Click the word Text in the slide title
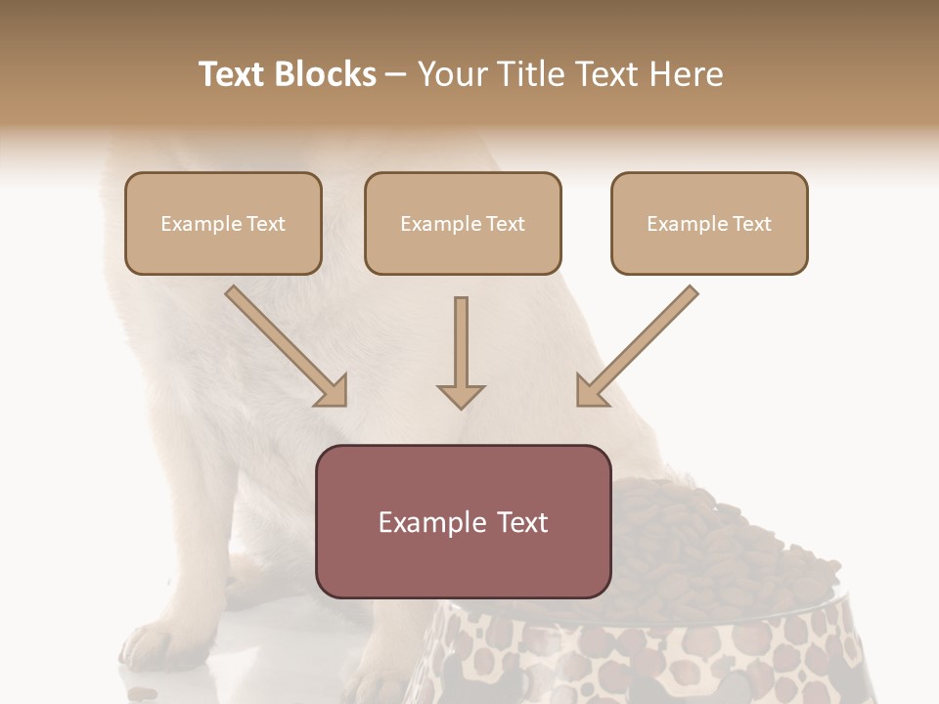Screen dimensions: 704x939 (x=233, y=74)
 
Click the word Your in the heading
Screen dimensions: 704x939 (x=450, y=74)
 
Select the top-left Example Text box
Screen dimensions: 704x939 (x=223, y=223)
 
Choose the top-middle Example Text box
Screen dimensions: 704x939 (x=463, y=223)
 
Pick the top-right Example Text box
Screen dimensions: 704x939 (x=709, y=223)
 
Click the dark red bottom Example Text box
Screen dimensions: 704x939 (x=463, y=521)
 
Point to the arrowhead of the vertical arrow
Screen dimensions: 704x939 (x=461, y=395)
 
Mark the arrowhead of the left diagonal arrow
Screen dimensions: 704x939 (x=333, y=392)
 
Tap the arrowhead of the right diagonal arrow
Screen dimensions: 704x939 (x=590, y=392)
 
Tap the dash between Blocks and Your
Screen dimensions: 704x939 (x=396, y=74)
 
